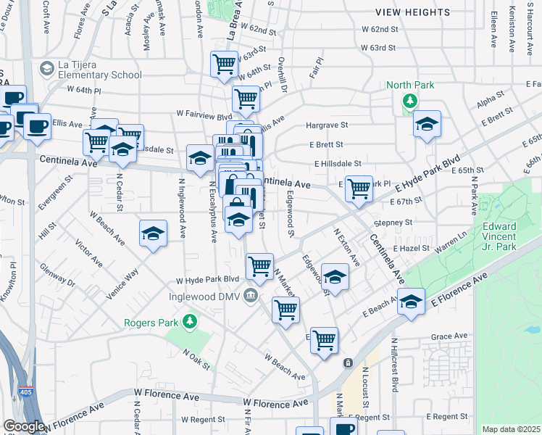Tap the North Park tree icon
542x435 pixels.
(410, 100)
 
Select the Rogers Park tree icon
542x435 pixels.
(190, 320)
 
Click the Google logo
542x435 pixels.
(24, 426)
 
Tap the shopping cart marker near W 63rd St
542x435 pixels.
(225, 64)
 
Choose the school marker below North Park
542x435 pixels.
(428, 124)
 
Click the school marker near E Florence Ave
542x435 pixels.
(411, 301)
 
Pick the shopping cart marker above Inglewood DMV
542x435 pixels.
(259, 265)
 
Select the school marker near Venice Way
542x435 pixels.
(153, 233)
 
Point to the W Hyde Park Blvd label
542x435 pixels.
(207, 279)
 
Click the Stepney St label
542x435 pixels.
(393, 223)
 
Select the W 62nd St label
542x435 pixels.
(380, 30)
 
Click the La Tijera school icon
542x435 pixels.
(47, 69)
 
